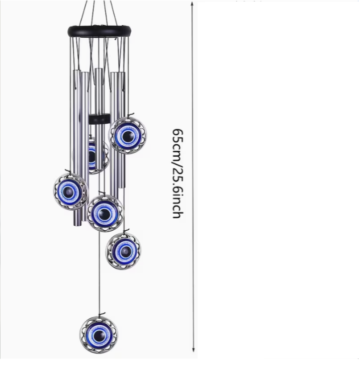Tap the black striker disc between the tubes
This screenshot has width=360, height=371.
[x=100, y=119]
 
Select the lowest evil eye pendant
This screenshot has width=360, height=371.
[x=99, y=335]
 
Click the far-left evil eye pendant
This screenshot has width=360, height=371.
[x=70, y=191]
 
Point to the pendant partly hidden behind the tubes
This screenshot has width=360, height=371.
[x=95, y=155]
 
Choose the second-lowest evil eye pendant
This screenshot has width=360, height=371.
[x=123, y=251]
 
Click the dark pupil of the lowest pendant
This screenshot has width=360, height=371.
[x=98, y=335]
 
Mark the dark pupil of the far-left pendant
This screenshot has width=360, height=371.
[x=69, y=191]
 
